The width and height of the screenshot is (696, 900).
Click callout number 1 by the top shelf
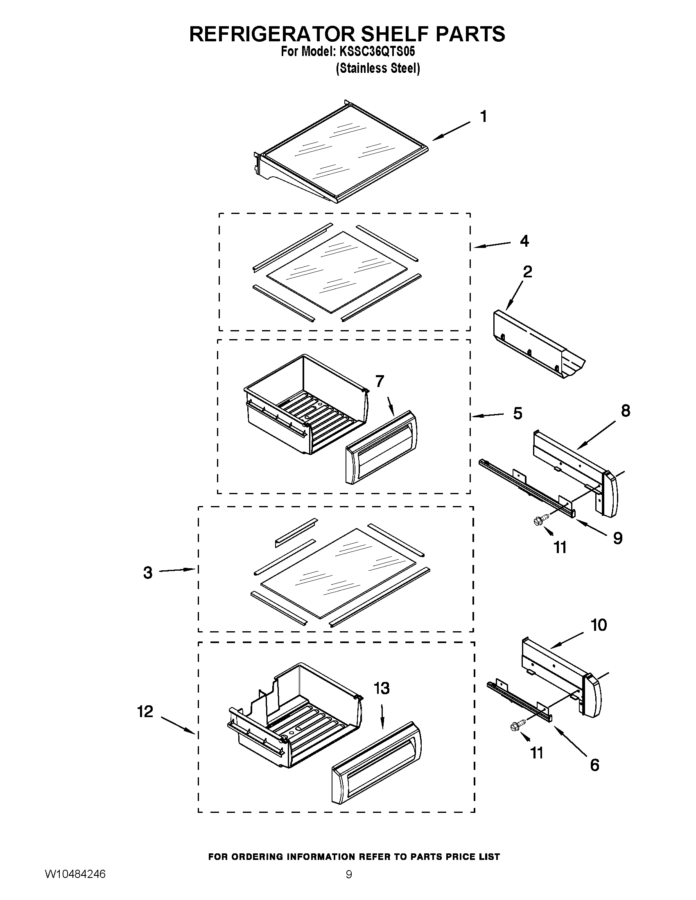pyautogui.click(x=484, y=117)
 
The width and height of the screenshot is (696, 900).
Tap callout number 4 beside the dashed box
pyautogui.click(x=524, y=241)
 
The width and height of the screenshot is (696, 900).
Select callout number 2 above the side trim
pyautogui.click(x=527, y=272)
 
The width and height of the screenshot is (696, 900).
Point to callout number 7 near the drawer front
pyautogui.click(x=380, y=382)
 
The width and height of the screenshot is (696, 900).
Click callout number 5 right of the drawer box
pyautogui.click(x=517, y=413)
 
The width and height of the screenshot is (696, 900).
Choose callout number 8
pyautogui.click(x=625, y=411)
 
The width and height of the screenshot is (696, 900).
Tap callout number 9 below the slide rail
pyautogui.click(x=617, y=538)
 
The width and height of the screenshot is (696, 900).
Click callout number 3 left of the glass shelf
pyautogui.click(x=148, y=573)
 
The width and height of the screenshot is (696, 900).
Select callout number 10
pyautogui.click(x=599, y=625)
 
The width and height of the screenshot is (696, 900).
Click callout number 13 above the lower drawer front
pyautogui.click(x=382, y=688)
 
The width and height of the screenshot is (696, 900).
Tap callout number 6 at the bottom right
pyautogui.click(x=594, y=765)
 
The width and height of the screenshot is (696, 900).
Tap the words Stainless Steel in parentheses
pyautogui.click(x=378, y=68)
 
